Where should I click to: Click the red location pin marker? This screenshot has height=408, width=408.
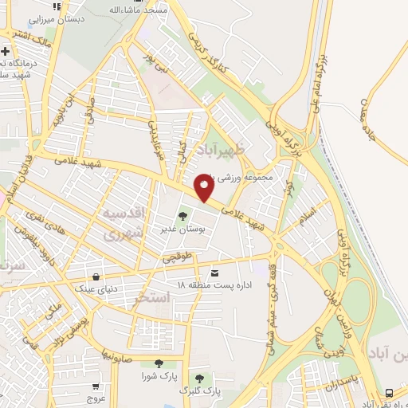204,188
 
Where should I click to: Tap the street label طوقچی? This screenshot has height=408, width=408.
177,257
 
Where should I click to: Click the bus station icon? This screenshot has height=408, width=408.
389,393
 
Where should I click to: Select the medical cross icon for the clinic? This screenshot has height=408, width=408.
6,53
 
